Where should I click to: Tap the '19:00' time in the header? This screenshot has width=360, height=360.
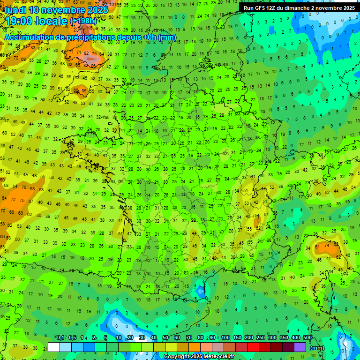pyautogui.click(x=17, y=21)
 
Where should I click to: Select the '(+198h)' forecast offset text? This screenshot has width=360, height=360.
pyautogui.click(x=83, y=21)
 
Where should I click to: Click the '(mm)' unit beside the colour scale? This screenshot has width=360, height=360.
pyautogui.click(x=317, y=348)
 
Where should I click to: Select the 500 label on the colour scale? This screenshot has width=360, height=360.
pyautogui.click(x=307, y=337)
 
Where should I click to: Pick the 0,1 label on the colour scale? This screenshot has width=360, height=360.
pyautogui.click(x=60, y=337)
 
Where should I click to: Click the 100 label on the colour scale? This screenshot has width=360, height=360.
pyautogui.click(x=225, y=337)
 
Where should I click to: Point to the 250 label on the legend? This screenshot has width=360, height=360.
pyautogui.click(x=261, y=337)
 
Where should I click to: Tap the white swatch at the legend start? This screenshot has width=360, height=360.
pyautogui.click(x=54, y=347)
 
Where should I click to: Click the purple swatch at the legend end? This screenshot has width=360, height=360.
pyautogui.click(x=300, y=347)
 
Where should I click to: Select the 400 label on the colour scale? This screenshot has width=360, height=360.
pyautogui.click(x=296, y=337)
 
